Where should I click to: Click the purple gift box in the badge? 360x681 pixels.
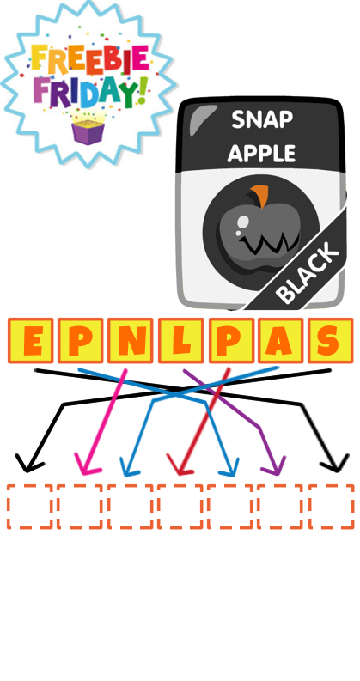coord(88,132)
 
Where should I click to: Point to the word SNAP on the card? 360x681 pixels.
coord(262,119)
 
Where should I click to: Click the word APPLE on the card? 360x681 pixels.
coord(262,154)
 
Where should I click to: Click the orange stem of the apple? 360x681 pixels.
coord(260,196)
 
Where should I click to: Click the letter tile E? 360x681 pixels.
coord(30,340)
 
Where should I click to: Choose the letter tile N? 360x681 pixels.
coord(130,340)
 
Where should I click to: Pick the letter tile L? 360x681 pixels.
coord(180,340)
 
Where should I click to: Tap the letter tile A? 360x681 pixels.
coord(280,340)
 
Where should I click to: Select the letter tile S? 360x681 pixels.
coord(331,340)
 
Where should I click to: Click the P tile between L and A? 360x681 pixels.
coord(231,340)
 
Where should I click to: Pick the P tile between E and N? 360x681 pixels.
coord(80,340)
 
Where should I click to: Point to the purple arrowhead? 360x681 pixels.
coord(275,465)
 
